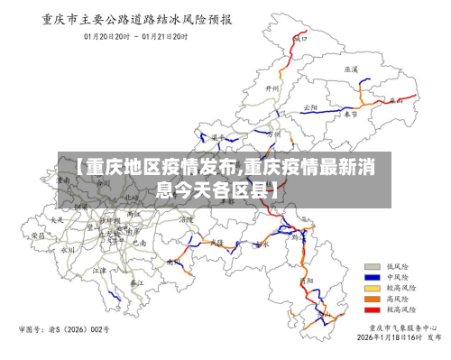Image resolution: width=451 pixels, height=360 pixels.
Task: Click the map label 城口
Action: point(301,39)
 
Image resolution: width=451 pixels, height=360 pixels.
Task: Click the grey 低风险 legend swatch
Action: point(371,267)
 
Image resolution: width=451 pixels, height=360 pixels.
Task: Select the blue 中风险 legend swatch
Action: point(371,278)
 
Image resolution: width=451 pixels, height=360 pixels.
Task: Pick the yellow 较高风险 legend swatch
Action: point(371,288)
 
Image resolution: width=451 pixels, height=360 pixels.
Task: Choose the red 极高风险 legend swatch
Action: point(371,309)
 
